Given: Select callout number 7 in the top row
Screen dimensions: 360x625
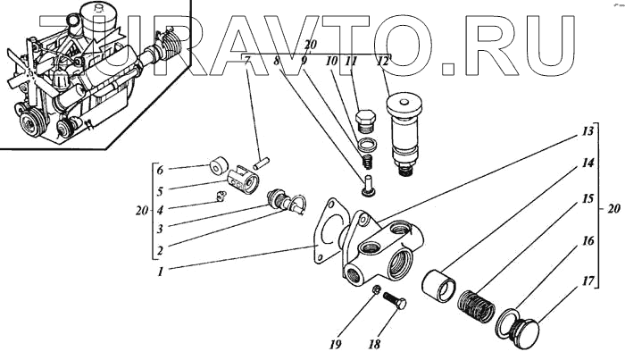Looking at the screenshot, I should coord(247,62).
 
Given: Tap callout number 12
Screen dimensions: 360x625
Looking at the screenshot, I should coord(382,61).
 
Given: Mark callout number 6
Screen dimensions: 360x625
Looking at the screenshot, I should coord(160,170).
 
